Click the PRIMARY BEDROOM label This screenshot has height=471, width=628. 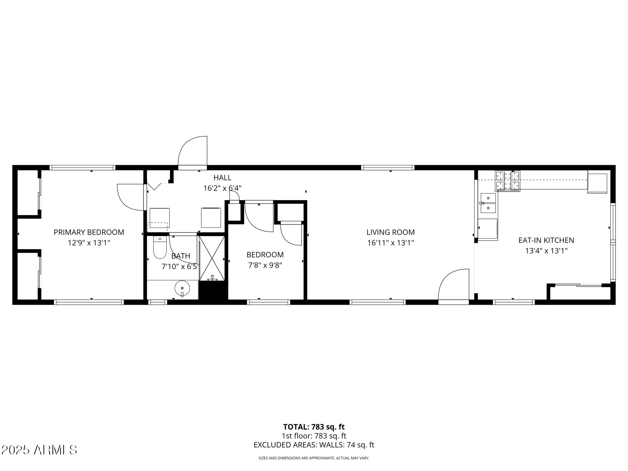point(89,232)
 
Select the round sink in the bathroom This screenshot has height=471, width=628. point(182,288)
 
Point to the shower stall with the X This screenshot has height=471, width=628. point(212,258)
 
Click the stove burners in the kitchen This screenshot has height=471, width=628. point(507,181)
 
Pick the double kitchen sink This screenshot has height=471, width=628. point(488,203)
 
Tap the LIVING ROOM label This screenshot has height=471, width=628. point(390,232)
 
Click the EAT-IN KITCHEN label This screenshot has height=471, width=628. point(546,240)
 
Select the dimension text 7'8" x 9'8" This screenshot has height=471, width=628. point(265,265)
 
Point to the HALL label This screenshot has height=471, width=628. point(222,178)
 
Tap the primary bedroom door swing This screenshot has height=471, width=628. point(129,197)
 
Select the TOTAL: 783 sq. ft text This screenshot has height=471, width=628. point(314,427)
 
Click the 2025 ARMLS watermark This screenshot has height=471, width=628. point(39,450)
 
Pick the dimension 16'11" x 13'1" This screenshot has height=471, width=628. point(390,243)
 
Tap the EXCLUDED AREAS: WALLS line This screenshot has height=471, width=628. point(314,445)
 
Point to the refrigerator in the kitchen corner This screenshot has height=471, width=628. point(597,183)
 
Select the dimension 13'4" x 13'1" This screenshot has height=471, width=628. point(546,251)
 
